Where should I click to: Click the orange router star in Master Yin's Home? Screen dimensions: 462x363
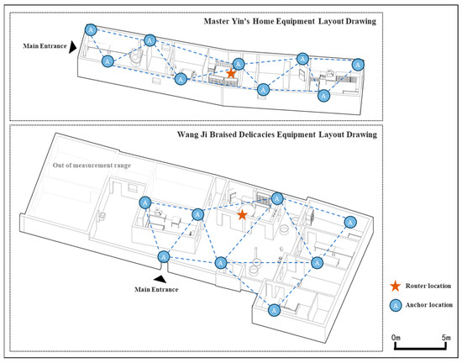pyautogui.click(x=231, y=73)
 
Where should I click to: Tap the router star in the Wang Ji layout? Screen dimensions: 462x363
pyautogui.click(x=242, y=215)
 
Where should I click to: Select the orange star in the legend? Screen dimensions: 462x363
pyautogui.click(x=395, y=286)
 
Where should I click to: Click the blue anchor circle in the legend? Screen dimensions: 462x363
pyautogui.click(x=396, y=305)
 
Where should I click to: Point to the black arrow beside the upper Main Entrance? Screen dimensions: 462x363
pyautogui.click(x=72, y=47)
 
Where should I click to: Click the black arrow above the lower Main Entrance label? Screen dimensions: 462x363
pyautogui.click(x=160, y=279)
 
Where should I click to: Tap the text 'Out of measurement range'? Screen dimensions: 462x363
pyautogui.click(x=92, y=166)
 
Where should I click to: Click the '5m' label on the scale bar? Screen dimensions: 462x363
pyautogui.click(x=446, y=337)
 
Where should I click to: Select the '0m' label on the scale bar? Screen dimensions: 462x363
pyautogui.click(x=396, y=337)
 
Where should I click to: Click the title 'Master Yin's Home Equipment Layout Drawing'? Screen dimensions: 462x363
pyautogui.click(x=290, y=22)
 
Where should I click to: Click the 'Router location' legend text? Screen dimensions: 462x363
pyautogui.click(x=428, y=286)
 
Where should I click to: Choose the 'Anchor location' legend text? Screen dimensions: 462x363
pyautogui.click(x=429, y=305)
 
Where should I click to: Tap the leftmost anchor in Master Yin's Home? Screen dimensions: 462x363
pyautogui.click(x=91, y=29)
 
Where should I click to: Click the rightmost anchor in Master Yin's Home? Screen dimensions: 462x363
pyautogui.click(x=358, y=65)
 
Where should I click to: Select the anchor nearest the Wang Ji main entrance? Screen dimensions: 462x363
pyautogui.click(x=164, y=257)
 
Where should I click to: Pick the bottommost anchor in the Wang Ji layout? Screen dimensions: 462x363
pyautogui.click(x=275, y=310)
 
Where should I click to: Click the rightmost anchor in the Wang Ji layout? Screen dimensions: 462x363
pyautogui.click(x=350, y=222)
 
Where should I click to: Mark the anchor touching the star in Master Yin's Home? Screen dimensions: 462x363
pyautogui.click(x=239, y=64)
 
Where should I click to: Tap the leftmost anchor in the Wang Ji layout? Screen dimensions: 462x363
pyautogui.click(x=145, y=203)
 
